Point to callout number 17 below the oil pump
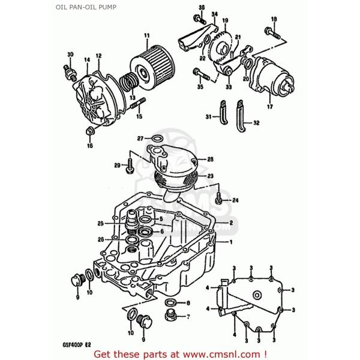click(x=269, y=107)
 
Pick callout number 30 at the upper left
click(x=70, y=55)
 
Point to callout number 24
click(x=236, y=200)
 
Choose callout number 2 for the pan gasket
click(x=230, y=222)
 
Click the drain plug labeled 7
click(x=170, y=316)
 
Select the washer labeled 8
click(x=170, y=303)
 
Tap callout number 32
click(x=256, y=123)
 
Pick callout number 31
click(x=208, y=116)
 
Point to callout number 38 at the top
click(x=201, y=7)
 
